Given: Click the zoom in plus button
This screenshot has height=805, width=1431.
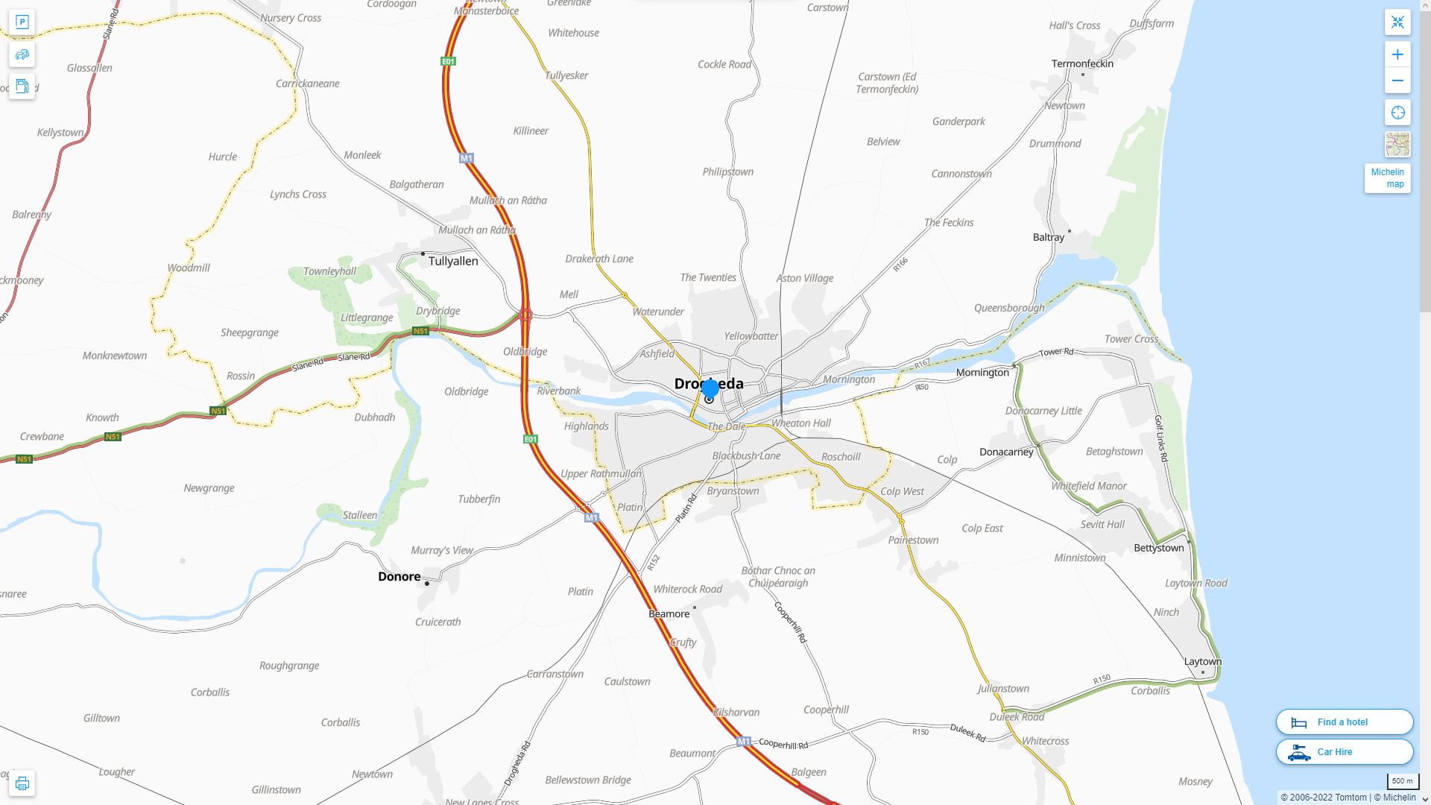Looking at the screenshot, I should click(1397, 54).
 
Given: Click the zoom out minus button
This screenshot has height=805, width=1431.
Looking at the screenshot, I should click(1397, 80).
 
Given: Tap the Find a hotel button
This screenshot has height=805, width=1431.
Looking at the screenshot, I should click(1344, 722).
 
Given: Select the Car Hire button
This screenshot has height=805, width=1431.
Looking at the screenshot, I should click(1344, 751).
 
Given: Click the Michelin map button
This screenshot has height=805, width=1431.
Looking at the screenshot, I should click(1387, 178).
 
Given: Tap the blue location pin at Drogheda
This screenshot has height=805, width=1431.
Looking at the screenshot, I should click(710, 388).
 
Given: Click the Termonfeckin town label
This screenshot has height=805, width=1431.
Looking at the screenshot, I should click(1081, 63).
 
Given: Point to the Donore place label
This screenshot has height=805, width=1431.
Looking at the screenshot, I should click(399, 576).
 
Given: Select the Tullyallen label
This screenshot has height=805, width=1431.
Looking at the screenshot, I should click(452, 261).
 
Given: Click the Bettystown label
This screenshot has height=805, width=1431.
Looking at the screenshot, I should click(1158, 548).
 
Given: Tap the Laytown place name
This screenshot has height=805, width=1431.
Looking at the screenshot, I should click(1202, 661).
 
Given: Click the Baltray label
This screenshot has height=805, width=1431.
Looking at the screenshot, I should click(1048, 237).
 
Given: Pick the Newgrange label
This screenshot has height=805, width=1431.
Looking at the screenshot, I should click(209, 488).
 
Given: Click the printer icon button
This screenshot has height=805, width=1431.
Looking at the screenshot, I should click(22, 783).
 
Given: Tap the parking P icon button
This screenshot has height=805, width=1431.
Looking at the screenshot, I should click(22, 22).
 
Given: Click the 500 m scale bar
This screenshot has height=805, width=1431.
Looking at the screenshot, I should click(1402, 781).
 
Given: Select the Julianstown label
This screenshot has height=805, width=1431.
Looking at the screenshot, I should click(1002, 689).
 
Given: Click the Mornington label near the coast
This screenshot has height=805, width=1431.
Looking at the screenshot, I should click(982, 372).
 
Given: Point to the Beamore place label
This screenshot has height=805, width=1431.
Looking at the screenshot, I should click(669, 614).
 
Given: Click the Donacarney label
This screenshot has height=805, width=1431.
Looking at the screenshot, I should click(1006, 452).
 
